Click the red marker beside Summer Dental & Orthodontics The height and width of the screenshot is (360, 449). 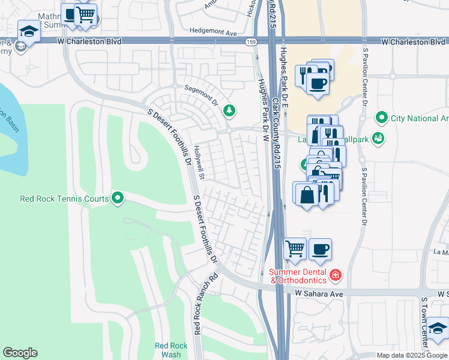(x=336, y=275)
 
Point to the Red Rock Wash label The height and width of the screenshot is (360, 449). (x=171, y=350)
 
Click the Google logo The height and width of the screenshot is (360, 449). (x=20, y=353)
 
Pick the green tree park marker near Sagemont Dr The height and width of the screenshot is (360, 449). (x=229, y=110)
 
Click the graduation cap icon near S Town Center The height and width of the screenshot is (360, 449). (x=438, y=329)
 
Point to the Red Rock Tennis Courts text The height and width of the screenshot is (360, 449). (x=64, y=198)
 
